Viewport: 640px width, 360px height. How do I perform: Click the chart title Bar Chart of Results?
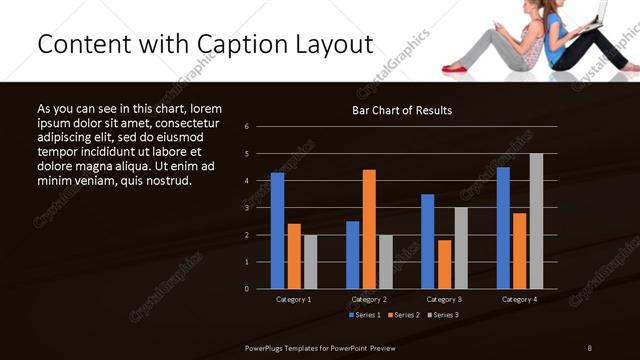click(401, 110)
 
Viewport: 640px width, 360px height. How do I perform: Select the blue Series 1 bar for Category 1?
click(277, 230)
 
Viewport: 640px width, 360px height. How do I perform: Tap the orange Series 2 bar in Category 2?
click(369, 229)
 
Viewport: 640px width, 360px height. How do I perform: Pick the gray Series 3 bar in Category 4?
click(536, 221)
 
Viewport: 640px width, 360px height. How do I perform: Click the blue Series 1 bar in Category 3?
click(428, 241)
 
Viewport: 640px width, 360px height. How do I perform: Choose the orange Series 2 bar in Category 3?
click(444, 264)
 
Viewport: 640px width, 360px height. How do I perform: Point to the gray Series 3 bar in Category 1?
click(310, 261)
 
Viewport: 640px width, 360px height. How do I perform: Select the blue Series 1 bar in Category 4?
click(503, 227)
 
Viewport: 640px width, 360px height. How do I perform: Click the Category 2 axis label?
click(370, 299)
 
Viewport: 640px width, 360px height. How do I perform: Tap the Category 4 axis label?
click(519, 299)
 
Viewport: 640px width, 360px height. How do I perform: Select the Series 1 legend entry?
click(364, 315)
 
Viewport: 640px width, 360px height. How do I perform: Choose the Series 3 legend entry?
click(443, 315)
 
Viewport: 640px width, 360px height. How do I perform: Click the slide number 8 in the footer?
click(589, 347)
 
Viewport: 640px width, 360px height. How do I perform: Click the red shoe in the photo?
click(456, 68)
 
